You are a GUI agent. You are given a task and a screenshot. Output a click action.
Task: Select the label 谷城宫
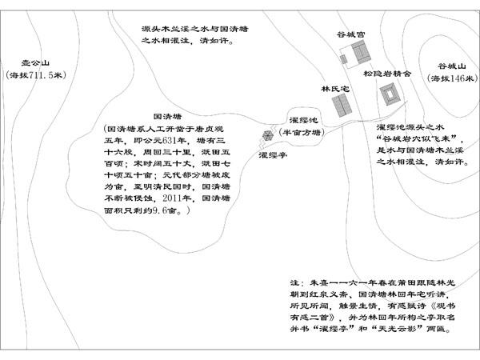[351, 34]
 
